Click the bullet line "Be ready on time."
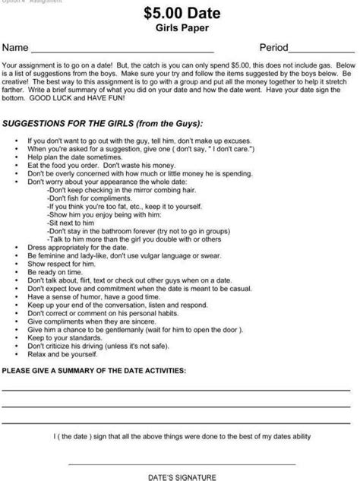coord(55,271)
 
